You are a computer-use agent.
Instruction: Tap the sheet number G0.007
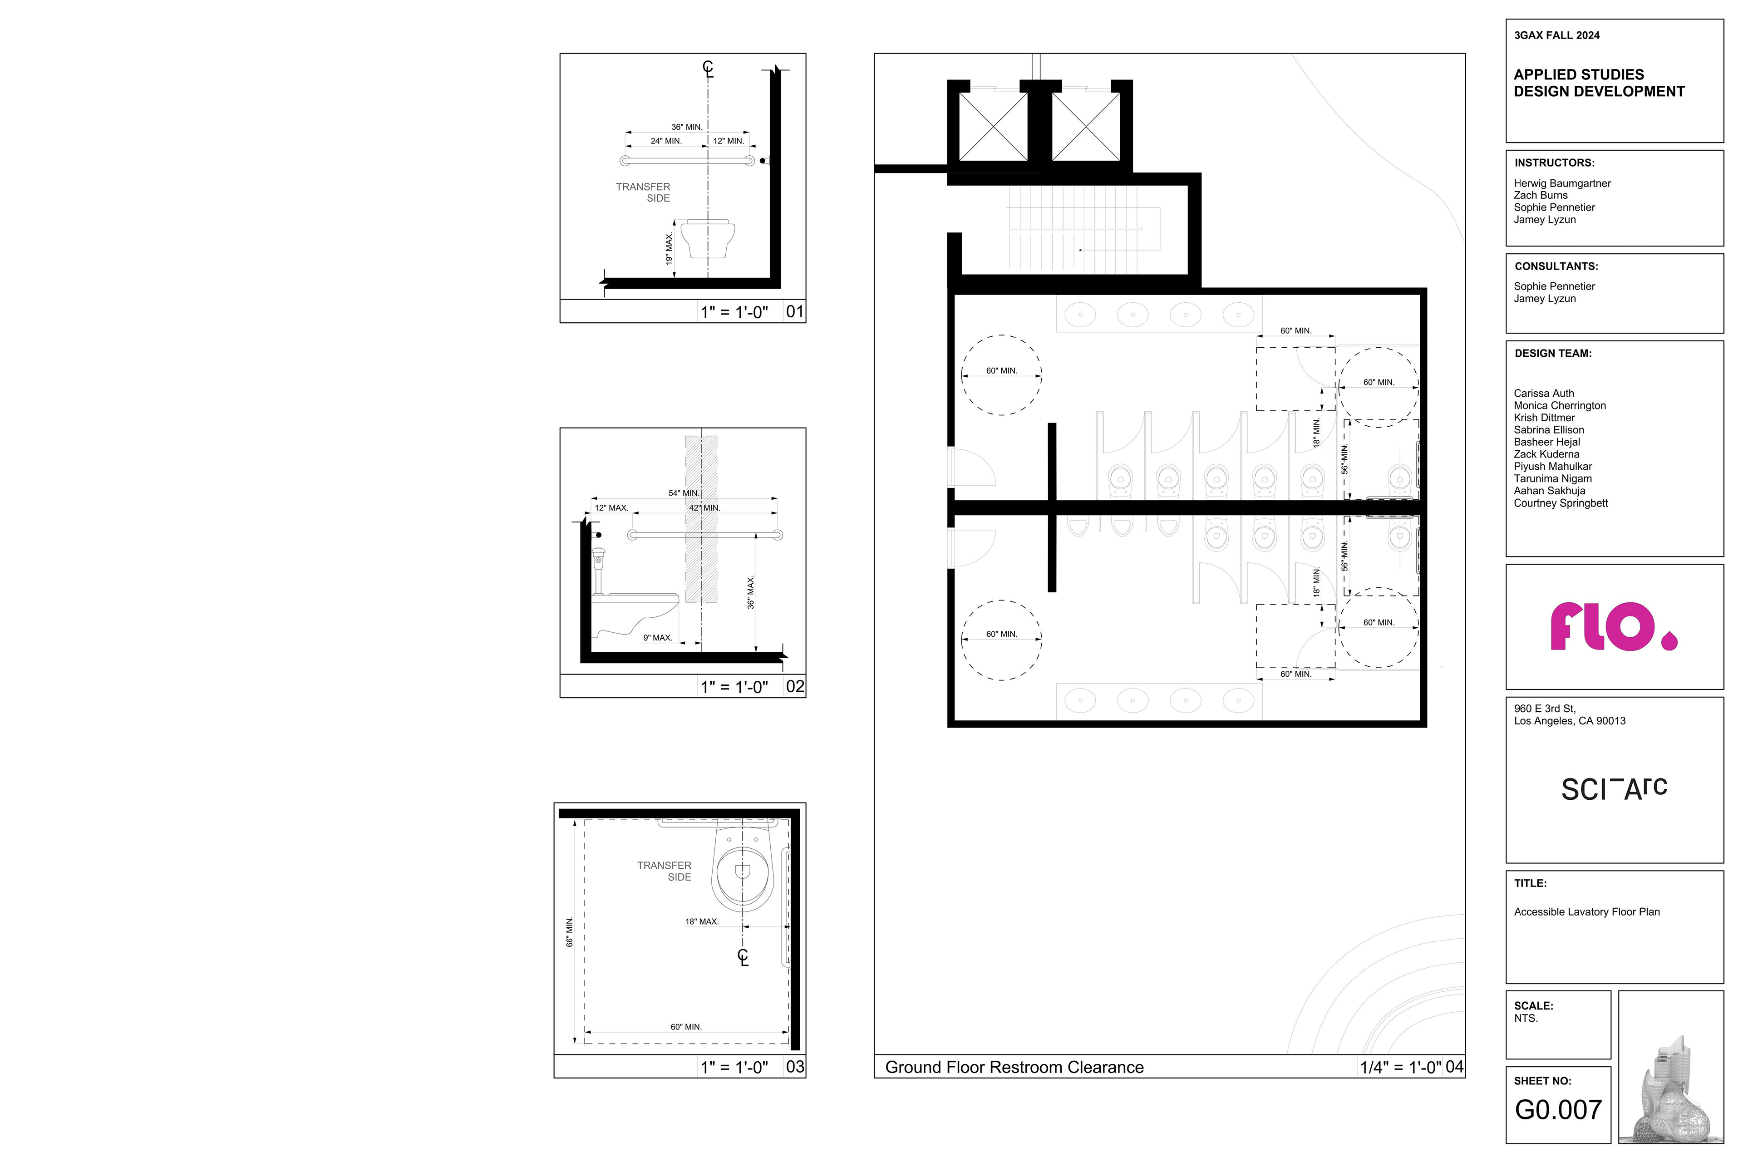(x=1558, y=1109)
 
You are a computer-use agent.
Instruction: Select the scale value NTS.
(x=1526, y=1018)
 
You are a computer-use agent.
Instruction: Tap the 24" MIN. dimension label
(x=666, y=141)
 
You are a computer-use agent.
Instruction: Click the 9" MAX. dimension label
(x=657, y=637)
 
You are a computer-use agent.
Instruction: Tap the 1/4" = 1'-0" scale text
(x=1401, y=1067)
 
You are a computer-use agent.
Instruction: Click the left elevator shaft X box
(x=993, y=126)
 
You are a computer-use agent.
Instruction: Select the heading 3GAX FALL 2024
(x=1556, y=35)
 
